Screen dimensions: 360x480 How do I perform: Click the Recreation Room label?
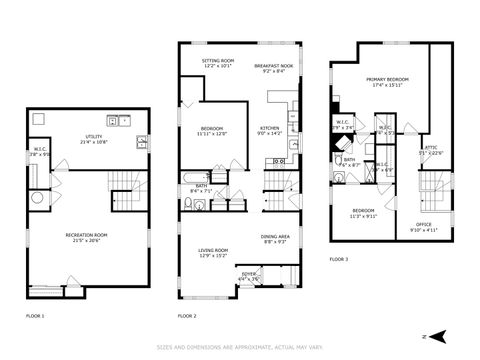pos(87,237)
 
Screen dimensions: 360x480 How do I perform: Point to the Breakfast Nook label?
pos(272,68)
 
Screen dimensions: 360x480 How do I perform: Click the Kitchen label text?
pos(270,130)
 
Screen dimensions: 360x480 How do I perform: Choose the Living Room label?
pos(212,252)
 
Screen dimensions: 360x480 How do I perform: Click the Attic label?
pos(431,149)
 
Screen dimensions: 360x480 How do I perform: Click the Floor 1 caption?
pos(35,315)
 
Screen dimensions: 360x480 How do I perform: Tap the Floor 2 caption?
pos(187,315)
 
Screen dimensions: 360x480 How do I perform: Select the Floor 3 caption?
pos(340,260)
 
